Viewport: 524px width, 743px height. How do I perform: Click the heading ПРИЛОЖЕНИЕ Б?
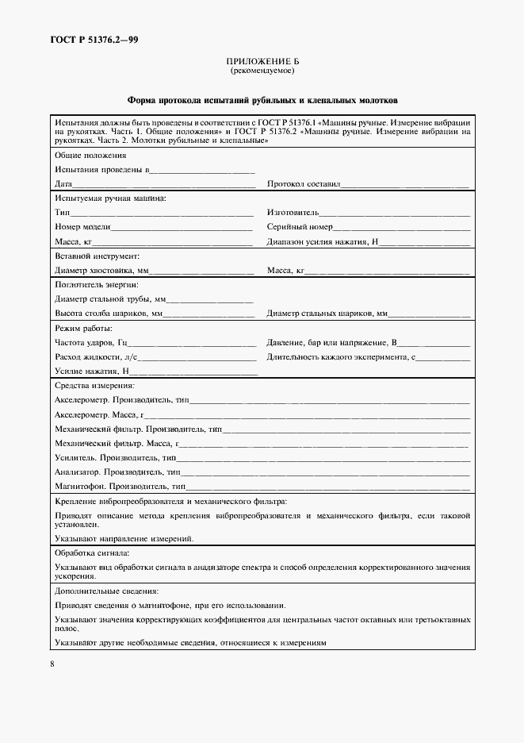[x=262, y=61]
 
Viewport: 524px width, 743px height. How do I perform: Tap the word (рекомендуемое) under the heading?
[x=262, y=71]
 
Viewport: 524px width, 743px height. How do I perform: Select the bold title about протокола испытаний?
[x=262, y=101]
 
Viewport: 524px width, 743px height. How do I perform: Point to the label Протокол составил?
[x=304, y=184]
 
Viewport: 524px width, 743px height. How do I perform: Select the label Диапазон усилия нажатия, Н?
[x=324, y=242]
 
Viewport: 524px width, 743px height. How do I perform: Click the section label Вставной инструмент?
[x=98, y=256]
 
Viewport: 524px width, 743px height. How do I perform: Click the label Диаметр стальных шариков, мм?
[x=327, y=314]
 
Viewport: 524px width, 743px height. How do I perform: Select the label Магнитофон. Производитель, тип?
[x=120, y=485]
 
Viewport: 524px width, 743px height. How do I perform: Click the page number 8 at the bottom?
[x=52, y=664]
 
